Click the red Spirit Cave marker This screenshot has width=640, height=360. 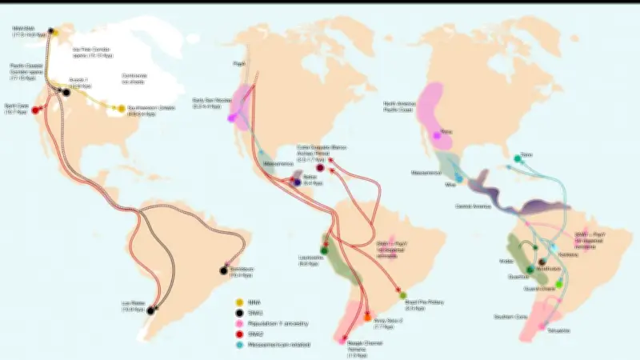(35, 110)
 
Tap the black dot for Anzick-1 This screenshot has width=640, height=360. (66, 92)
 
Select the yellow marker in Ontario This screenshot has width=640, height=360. (121, 108)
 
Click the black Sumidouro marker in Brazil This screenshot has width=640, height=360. (225, 270)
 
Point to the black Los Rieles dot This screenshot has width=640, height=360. (150, 310)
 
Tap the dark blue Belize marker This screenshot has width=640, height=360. (297, 182)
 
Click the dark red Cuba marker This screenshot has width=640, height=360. (321, 168)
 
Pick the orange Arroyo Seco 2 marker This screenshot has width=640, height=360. (367, 317)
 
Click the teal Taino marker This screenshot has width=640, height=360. (518, 158)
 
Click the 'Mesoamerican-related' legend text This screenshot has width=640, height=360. (281, 344)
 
